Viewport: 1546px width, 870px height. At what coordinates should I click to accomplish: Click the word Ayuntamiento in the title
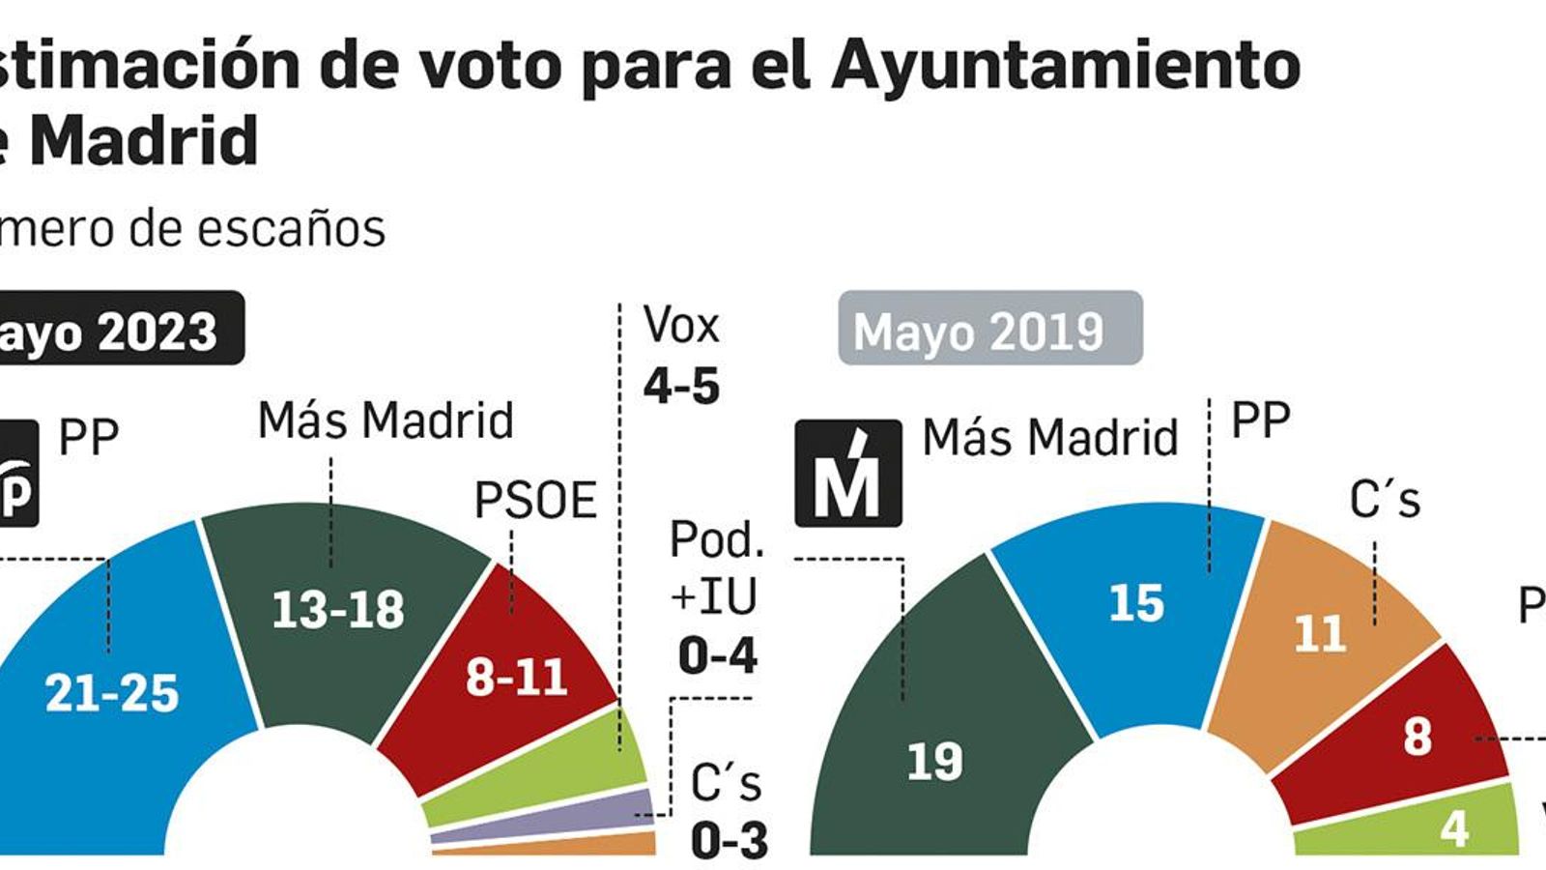[x=1064, y=66]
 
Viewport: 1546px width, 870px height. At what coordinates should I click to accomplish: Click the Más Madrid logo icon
[x=847, y=473]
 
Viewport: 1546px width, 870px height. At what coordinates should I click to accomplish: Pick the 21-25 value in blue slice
[x=112, y=693]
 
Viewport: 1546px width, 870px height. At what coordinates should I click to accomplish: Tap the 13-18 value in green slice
[x=338, y=610]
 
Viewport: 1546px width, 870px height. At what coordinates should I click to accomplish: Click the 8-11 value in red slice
[x=516, y=677]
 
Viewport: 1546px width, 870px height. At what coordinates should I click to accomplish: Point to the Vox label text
[x=681, y=325]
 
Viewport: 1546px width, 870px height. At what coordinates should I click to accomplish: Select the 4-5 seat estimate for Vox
[x=681, y=386]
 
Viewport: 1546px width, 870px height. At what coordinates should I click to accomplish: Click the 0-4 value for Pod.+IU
[x=717, y=656]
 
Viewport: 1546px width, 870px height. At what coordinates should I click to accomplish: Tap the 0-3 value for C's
[x=730, y=840]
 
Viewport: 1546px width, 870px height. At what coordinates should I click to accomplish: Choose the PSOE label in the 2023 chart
[x=535, y=501]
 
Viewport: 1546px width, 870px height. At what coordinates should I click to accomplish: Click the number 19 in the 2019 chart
[x=934, y=762]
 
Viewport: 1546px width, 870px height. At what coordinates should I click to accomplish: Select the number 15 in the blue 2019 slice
[x=1136, y=603]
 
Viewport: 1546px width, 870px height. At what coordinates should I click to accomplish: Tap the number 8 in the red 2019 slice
[x=1417, y=737]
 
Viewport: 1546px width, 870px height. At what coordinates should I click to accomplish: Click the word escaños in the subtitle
[x=291, y=229]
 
